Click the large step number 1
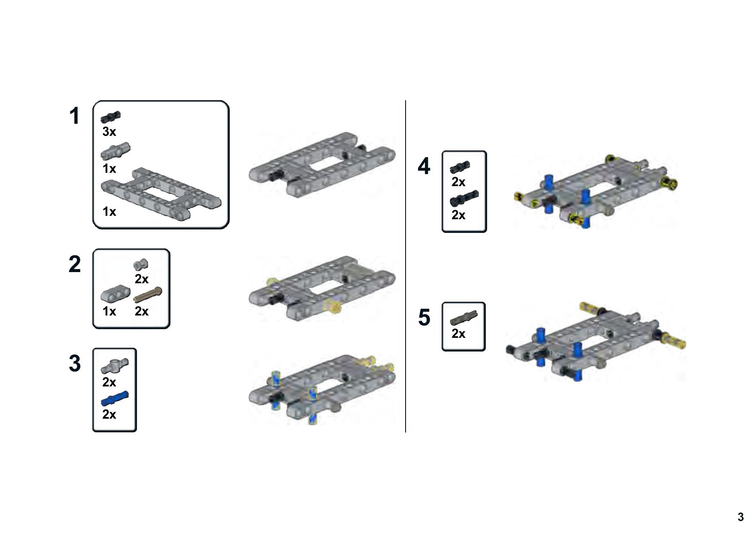tap(74, 116)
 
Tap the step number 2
tap(75, 264)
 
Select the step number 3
tap(75, 364)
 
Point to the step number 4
tap(424, 166)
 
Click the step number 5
tap(424, 318)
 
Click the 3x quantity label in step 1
tap(109, 132)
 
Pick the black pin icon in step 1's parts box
tap(111, 116)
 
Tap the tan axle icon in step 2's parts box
tap(148, 295)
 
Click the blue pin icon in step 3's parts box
tap(115, 398)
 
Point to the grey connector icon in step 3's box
tap(115, 366)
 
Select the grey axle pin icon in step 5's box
tap(464, 318)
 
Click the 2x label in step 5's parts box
tap(458, 334)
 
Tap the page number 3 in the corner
tap(740, 517)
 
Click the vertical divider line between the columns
tap(406, 266)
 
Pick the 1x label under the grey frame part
tap(109, 211)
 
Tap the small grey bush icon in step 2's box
tap(141, 264)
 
